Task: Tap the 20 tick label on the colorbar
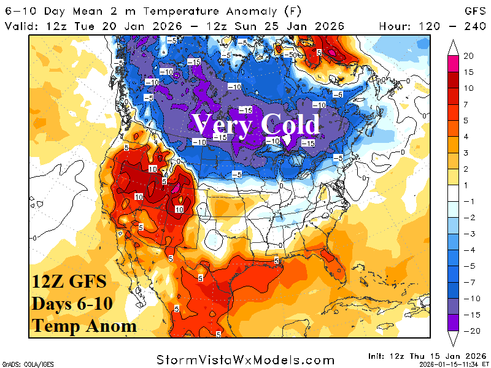pyautogui.click(x=468, y=56)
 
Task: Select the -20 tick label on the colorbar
pyautogui.click(x=468, y=330)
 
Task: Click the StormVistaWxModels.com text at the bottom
pyautogui.click(x=245, y=359)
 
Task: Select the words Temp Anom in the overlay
pyautogui.click(x=84, y=326)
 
